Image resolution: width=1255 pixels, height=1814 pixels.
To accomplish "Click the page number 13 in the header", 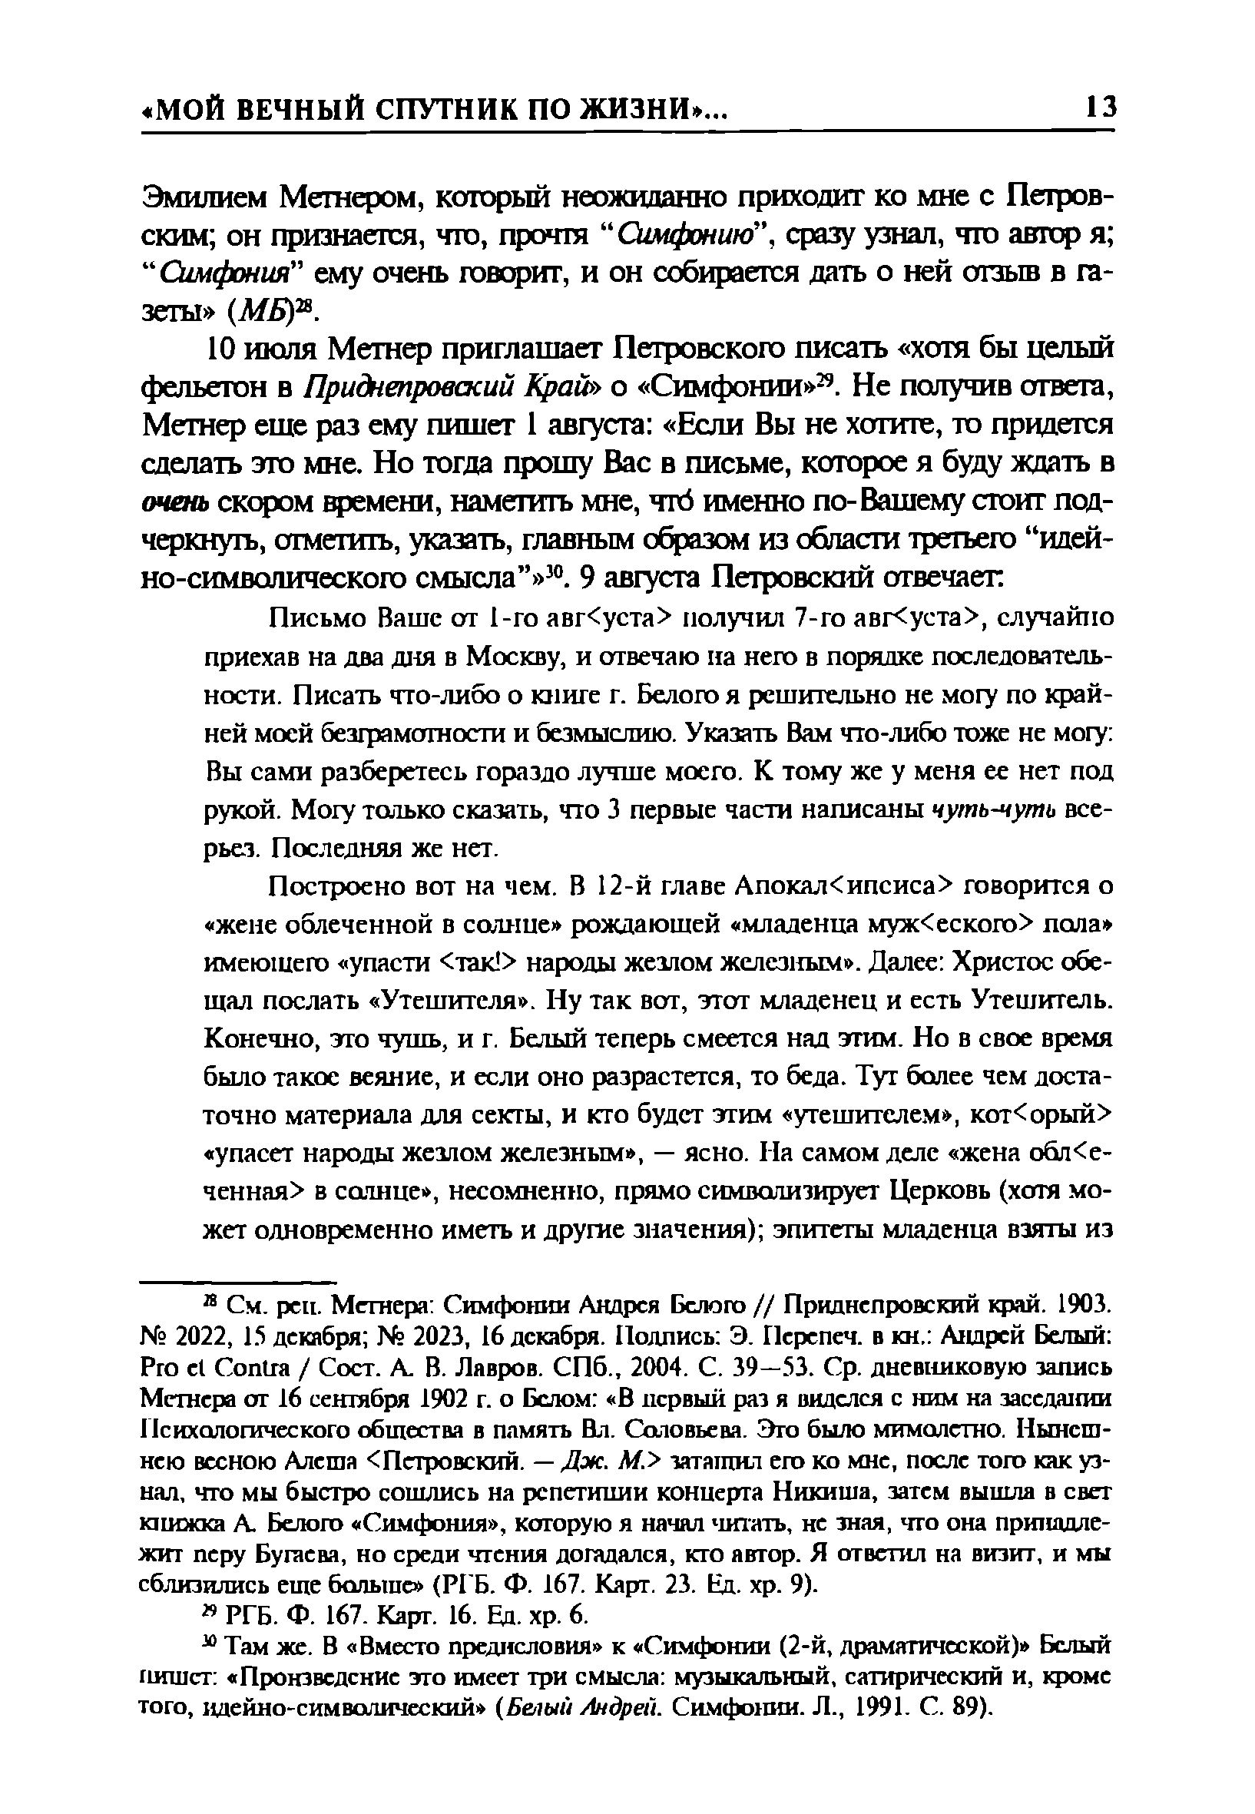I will pos(1098,107).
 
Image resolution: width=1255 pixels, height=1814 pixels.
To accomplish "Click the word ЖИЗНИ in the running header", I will pos(641,108).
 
